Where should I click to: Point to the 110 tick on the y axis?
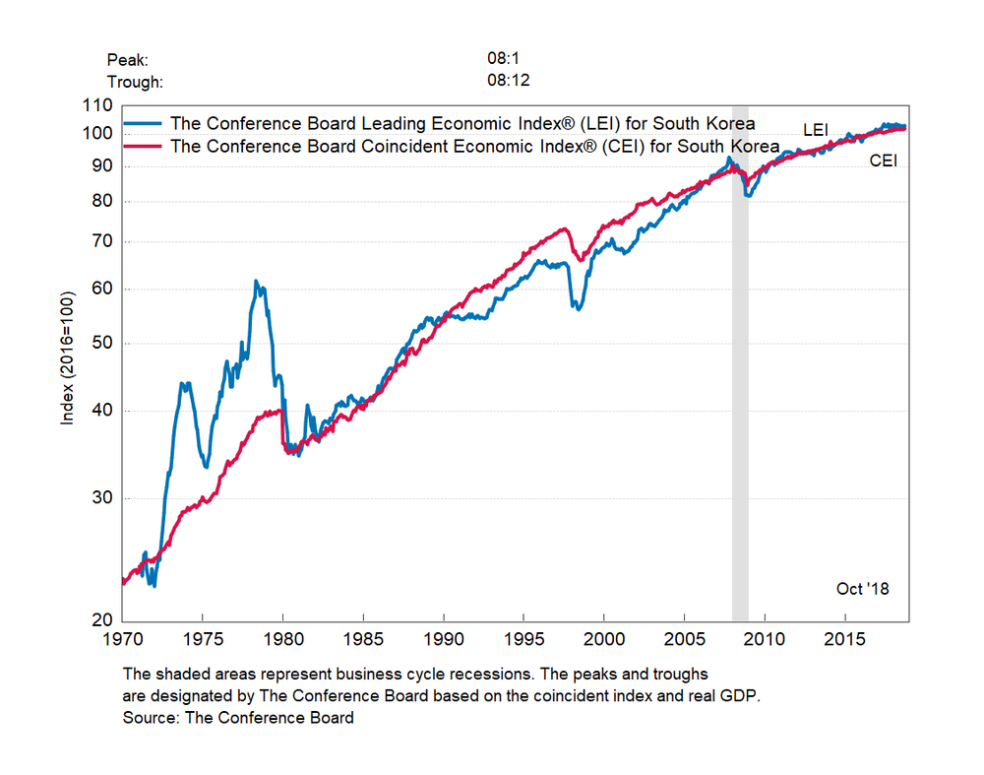pos(98,105)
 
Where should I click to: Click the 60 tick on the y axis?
pos(102,290)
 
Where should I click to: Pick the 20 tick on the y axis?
pos(102,620)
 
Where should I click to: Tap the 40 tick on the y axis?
pos(102,411)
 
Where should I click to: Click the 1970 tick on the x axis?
pos(122,638)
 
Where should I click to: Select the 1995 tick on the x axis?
pos(523,638)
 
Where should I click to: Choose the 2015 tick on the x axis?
pos(844,638)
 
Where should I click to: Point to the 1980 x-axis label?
pos(282,638)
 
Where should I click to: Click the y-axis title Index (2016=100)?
pos(68,357)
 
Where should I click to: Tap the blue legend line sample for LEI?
pos(144,124)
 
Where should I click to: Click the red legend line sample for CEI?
pos(144,147)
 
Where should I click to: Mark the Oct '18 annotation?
pos(862,589)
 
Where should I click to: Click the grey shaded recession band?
pos(740,394)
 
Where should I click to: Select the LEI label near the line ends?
pos(817,129)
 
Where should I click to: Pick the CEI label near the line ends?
pos(883,161)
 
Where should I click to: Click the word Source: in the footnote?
pos(151,718)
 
